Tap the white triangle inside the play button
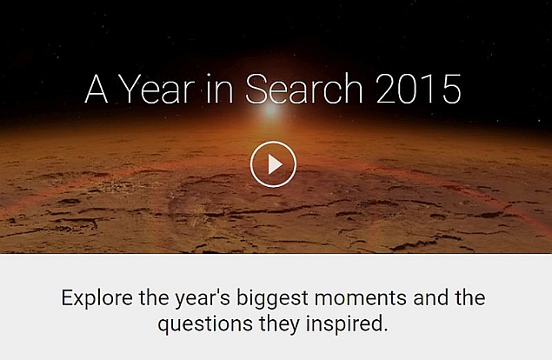pyautogui.click(x=275, y=164)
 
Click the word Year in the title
pyautogui.click(x=156, y=89)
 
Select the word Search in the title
pyautogui.click(x=303, y=89)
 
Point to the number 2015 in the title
pyautogui.click(x=419, y=89)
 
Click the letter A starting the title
pyautogui.click(x=96, y=89)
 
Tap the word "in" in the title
pyautogui.click(x=219, y=89)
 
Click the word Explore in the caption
pyautogui.click(x=97, y=298)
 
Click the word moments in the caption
pyautogui.click(x=361, y=298)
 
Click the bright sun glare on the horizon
pyautogui.click(x=271, y=110)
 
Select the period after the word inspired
pyautogui.click(x=385, y=330)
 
